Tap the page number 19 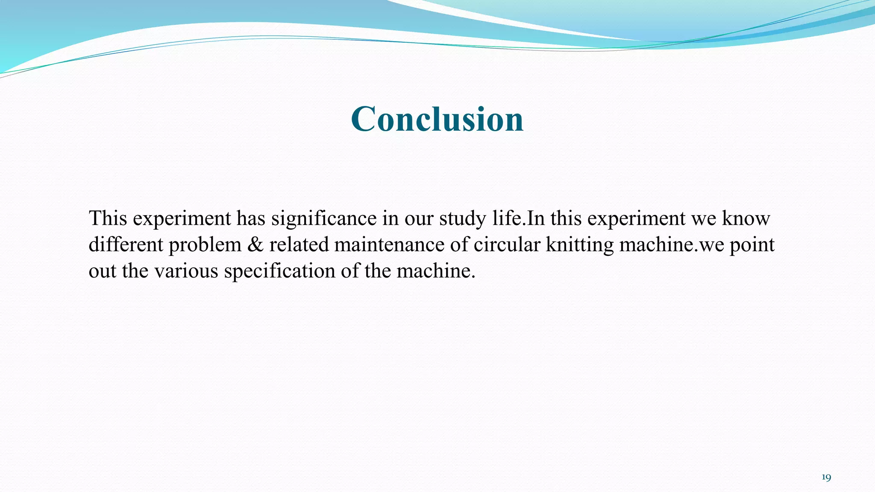[826, 477]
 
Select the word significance [324, 219]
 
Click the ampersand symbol [255, 245]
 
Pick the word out [102, 271]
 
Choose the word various [186, 271]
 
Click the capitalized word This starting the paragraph [108, 219]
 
